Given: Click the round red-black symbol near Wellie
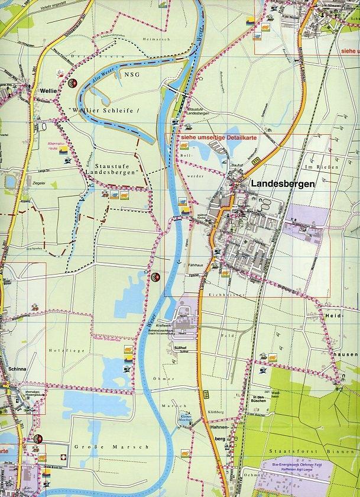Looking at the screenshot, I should pyautogui.click(x=73, y=83).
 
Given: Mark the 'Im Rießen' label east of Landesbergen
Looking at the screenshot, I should pyautogui.click(x=328, y=167).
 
